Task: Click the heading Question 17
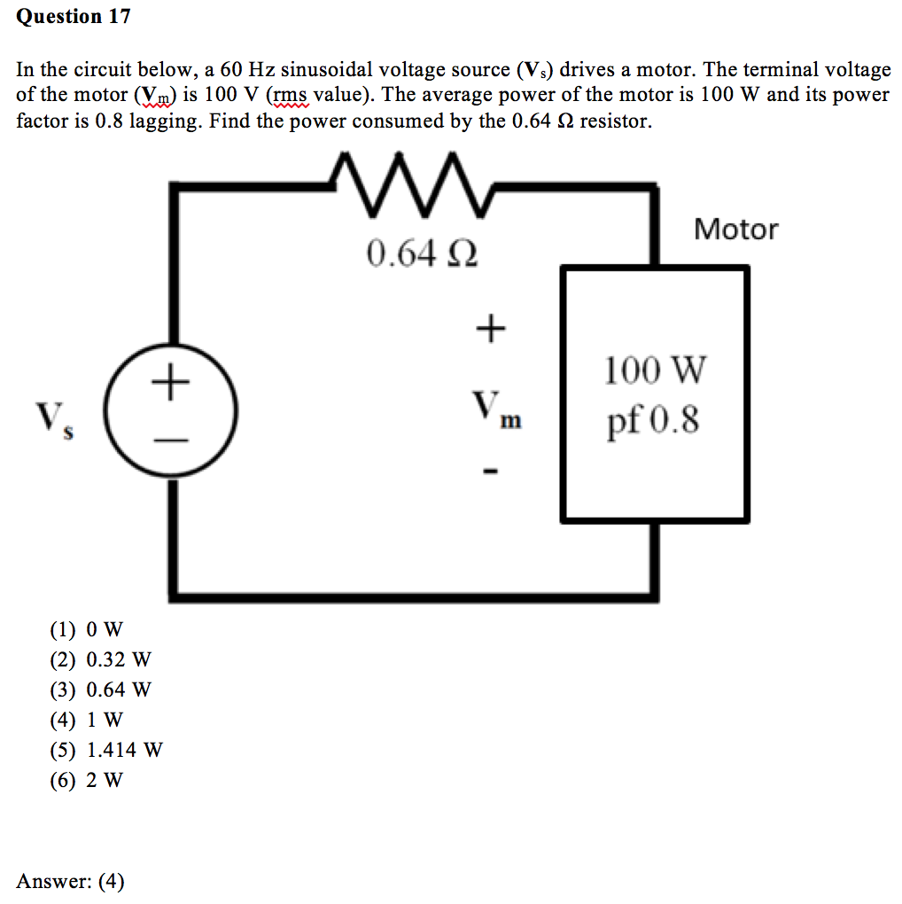(74, 17)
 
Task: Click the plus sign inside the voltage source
(171, 384)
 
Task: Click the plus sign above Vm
(490, 330)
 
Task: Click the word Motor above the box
(735, 230)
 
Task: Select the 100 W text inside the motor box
(655, 370)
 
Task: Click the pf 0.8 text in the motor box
(653, 422)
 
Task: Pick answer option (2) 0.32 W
(100, 660)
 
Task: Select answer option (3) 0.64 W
(100, 690)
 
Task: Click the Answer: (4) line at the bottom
(71, 881)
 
